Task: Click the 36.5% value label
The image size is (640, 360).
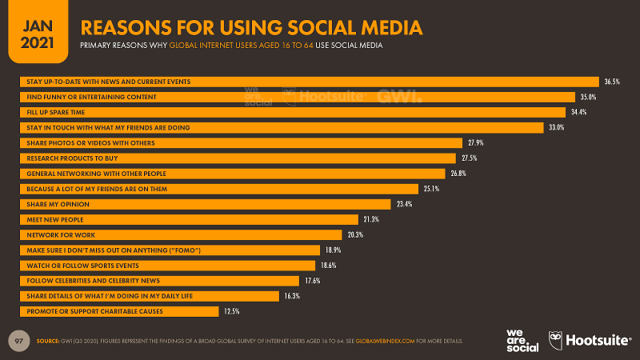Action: click(x=611, y=82)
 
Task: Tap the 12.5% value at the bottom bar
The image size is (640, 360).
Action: click(x=230, y=310)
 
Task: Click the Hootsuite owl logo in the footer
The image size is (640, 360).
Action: click(x=554, y=340)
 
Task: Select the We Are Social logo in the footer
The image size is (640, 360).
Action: click(x=522, y=340)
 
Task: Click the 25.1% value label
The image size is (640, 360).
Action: click(x=431, y=189)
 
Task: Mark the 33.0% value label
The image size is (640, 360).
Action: click(x=555, y=127)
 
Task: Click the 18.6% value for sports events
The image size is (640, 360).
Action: click(x=328, y=265)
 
